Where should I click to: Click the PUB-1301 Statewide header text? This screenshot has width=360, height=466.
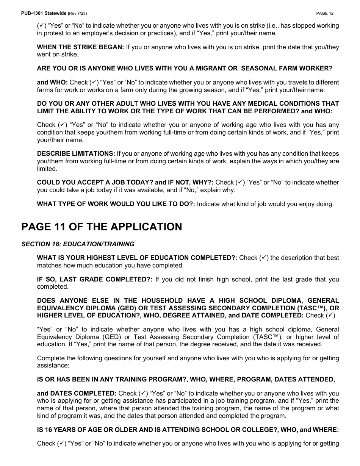pos(44,13)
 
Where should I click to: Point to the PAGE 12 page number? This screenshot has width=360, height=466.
pos(325,13)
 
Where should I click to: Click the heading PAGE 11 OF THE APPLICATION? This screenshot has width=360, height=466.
pos(102,227)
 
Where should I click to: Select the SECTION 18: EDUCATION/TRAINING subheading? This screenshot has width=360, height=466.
pos(78,244)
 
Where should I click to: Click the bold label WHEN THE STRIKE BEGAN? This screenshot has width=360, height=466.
pos(80,47)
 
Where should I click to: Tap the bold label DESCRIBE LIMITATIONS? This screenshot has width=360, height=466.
pos(76,153)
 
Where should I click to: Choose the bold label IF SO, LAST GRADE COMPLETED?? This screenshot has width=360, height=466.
pos(95,279)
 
